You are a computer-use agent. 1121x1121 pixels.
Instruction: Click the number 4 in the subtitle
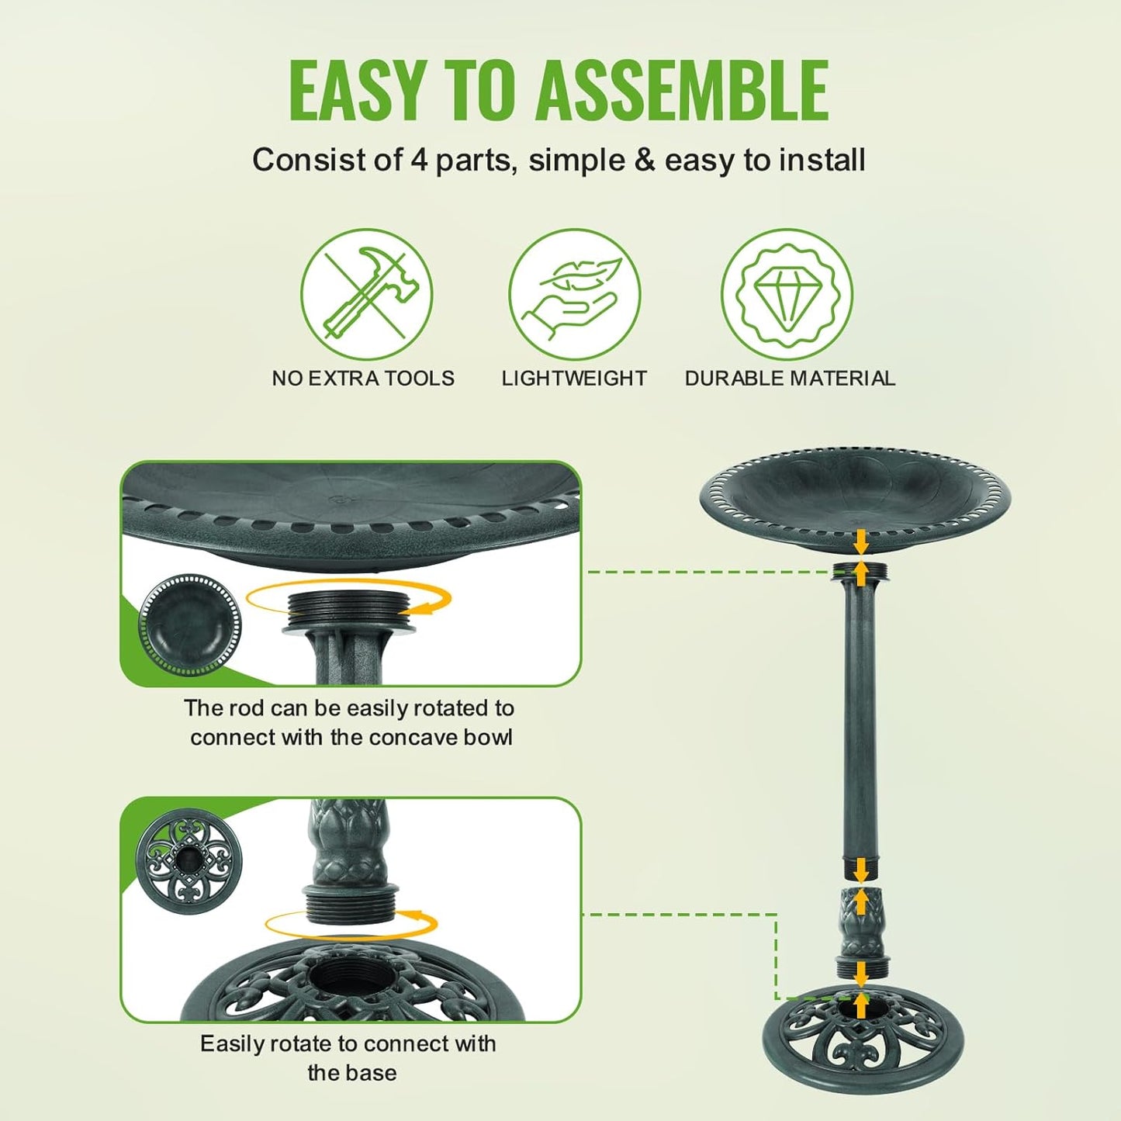pyautogui.click(x=418, y=160)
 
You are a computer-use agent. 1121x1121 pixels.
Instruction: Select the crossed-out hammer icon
pyautogui.click(x=366, y=294)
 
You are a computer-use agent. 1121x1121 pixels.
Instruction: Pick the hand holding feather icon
pyautogui.click(x=574, y=294)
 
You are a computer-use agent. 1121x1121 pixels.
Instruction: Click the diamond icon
pyautogui.click(x=787, y=294)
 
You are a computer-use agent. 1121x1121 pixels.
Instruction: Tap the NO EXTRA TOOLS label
pyautogui.click(x=363, y=379)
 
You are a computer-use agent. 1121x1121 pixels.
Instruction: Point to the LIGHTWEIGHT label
pyautogui.click(x=574, y=379)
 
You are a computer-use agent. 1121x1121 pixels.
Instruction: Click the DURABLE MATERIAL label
pyautogui.click(x=790, y=379)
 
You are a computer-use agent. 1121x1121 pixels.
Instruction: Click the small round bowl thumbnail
pyautogui.click(x=190, y=625)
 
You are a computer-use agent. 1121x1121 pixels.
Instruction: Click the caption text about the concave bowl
pyautogui.click(x=350, y=722)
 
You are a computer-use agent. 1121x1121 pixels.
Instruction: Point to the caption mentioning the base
pyautogui.click(x=348, y=1058)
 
